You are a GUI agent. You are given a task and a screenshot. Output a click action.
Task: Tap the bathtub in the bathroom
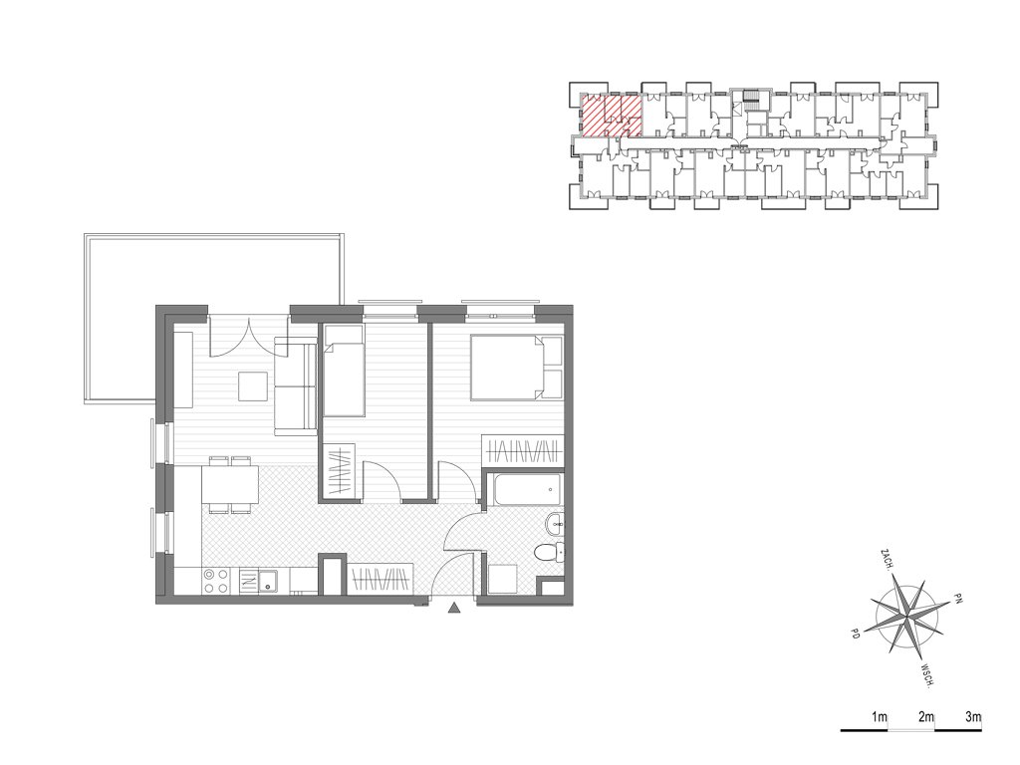(528, 489)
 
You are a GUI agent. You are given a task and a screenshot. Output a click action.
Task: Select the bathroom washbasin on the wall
(556, 524)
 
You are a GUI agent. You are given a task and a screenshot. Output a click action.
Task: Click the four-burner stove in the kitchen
(216, 581)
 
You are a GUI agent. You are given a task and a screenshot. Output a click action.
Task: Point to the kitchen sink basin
(267, 581)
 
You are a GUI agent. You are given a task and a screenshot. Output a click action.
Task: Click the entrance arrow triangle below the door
(454, 609)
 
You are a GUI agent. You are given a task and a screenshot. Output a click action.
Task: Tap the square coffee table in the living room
(252, 385)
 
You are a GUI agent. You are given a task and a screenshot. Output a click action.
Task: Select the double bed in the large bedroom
(517, 367)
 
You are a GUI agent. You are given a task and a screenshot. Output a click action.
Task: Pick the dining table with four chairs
(230, 485)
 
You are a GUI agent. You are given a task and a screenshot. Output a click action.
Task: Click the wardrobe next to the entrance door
(381, 578)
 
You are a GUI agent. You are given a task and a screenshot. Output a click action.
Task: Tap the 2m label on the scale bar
(925, 717)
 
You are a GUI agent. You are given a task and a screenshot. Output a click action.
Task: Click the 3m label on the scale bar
(973, 717)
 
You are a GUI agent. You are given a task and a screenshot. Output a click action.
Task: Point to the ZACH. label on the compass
(886, 561)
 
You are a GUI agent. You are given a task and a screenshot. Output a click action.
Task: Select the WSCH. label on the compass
(928, 676)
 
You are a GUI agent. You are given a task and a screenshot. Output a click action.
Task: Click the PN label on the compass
(957, 598)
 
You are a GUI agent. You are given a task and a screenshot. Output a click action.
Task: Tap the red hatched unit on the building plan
(611, 116)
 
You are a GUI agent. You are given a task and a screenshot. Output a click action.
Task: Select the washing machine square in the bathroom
(502, 579)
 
